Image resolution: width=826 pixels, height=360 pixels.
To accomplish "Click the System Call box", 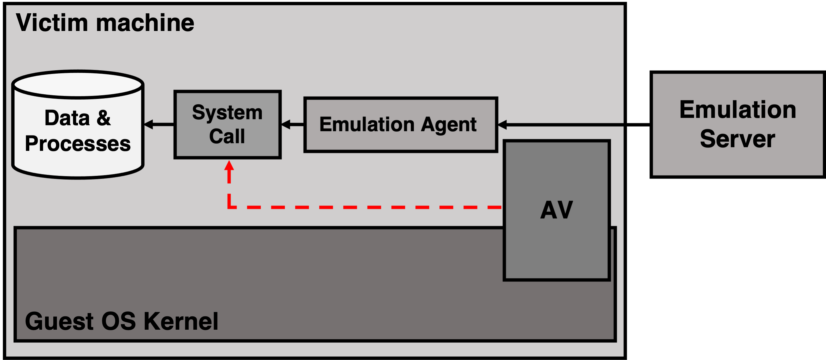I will coord(228,124).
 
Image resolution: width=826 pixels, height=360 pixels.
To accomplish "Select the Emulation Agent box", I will coord(401,125).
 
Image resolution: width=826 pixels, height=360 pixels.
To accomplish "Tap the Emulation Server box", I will coord(737,124).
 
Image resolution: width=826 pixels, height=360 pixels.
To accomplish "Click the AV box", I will coord(556,210).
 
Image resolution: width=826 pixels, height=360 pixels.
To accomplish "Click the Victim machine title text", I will coord(105,23).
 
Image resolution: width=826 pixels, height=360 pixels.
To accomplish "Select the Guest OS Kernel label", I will coord(122,321).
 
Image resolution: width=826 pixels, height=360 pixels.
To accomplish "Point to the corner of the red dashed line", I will coord(229,207).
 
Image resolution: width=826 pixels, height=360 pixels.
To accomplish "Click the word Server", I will coord(737,139).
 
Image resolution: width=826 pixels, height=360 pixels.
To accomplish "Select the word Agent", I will coord(448,125).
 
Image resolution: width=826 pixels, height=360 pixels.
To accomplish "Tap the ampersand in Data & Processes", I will coord(104,118).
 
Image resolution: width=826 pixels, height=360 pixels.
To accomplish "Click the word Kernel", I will coord(181,321).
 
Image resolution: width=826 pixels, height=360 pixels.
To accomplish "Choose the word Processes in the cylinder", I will coord(78,144).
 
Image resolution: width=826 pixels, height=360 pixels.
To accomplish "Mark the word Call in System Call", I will coord(227,136).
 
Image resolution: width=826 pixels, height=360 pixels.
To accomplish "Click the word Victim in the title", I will coord(52,23).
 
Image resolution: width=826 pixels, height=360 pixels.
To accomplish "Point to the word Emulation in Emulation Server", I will coord(738,110).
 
